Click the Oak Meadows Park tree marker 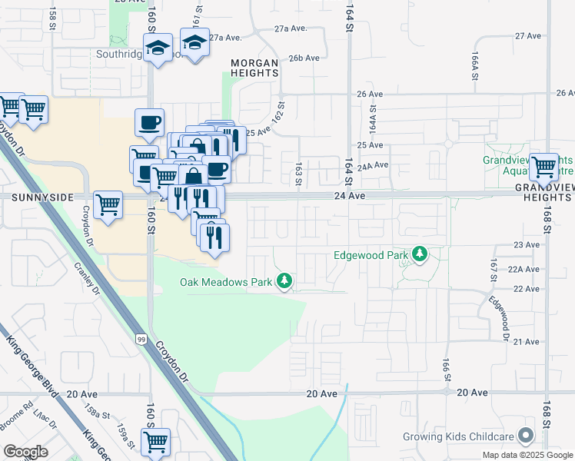285,282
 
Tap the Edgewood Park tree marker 420,254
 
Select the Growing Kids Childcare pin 527,436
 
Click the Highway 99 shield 142,339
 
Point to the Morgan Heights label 254,67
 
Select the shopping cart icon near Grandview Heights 543,166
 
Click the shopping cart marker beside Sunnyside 108,204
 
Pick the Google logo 25,451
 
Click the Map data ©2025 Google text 527,455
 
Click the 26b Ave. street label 304,58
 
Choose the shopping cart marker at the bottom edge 156,442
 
